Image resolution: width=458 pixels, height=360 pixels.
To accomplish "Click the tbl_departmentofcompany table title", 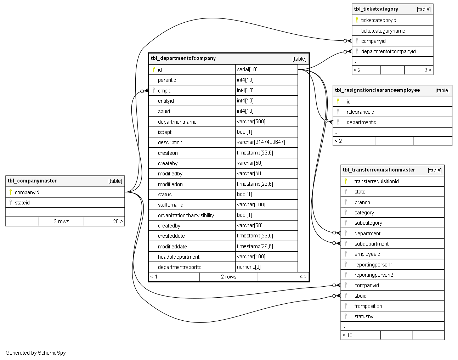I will tap(183, 58).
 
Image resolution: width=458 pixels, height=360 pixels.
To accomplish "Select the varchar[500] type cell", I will tap(251, 122).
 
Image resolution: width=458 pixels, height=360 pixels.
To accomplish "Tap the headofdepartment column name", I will tap(179, 257).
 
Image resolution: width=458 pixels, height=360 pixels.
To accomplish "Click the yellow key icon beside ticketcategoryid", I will tap(357, 20).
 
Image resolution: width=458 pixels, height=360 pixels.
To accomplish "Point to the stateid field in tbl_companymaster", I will tap(22, 203).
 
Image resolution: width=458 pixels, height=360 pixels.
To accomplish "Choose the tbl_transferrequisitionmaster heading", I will tap(379, 170).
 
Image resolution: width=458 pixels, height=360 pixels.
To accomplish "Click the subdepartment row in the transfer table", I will tap(371, 244).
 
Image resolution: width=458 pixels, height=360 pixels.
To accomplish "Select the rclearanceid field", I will tap(360, 112).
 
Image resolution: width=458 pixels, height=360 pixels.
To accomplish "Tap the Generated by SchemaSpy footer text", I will tap(35, 353).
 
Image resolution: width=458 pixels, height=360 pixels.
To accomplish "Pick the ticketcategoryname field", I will tap(383, 31).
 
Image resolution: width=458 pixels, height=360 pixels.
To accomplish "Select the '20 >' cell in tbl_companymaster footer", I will tap(118, 221).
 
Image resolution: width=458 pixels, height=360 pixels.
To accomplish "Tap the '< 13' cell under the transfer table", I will tap(347, 335).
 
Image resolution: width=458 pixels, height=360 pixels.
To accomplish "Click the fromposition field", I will tap(368, 306).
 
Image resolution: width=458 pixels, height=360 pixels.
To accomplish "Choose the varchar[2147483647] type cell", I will tap(261, 142).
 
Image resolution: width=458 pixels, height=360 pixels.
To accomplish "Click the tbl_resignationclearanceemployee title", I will tap(377, 90).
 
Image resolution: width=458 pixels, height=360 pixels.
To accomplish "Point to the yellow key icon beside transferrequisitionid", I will tap(346, 181).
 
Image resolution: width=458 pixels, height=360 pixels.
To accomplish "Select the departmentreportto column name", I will tap(180, 267).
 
